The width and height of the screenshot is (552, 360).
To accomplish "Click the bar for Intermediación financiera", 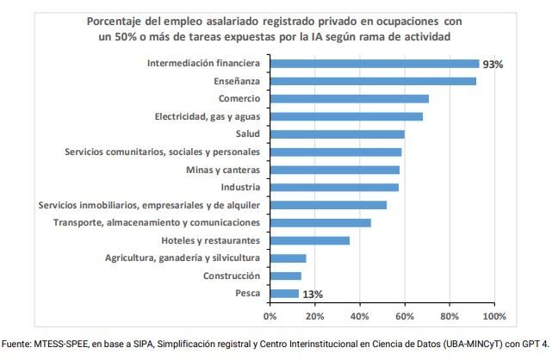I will pos(374,64).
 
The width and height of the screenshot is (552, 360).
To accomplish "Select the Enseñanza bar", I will pos(372,81).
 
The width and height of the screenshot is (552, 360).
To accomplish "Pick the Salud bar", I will pos(337,134).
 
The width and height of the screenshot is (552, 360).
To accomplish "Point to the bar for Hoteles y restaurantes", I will pos(309,240).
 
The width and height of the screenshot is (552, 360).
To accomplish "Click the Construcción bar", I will pos(285,276).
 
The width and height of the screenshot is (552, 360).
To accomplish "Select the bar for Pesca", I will pos(284,294).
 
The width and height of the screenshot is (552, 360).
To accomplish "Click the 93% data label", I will pos(493,65).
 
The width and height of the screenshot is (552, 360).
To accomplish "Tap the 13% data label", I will pos(313,295).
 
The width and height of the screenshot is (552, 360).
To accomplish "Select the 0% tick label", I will pos(270,316).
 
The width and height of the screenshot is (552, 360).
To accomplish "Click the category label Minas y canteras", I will pos(222,170).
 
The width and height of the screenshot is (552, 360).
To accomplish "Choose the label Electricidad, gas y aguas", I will pos(207,116).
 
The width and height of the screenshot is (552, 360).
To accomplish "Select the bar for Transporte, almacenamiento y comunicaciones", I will pos(320,222).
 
